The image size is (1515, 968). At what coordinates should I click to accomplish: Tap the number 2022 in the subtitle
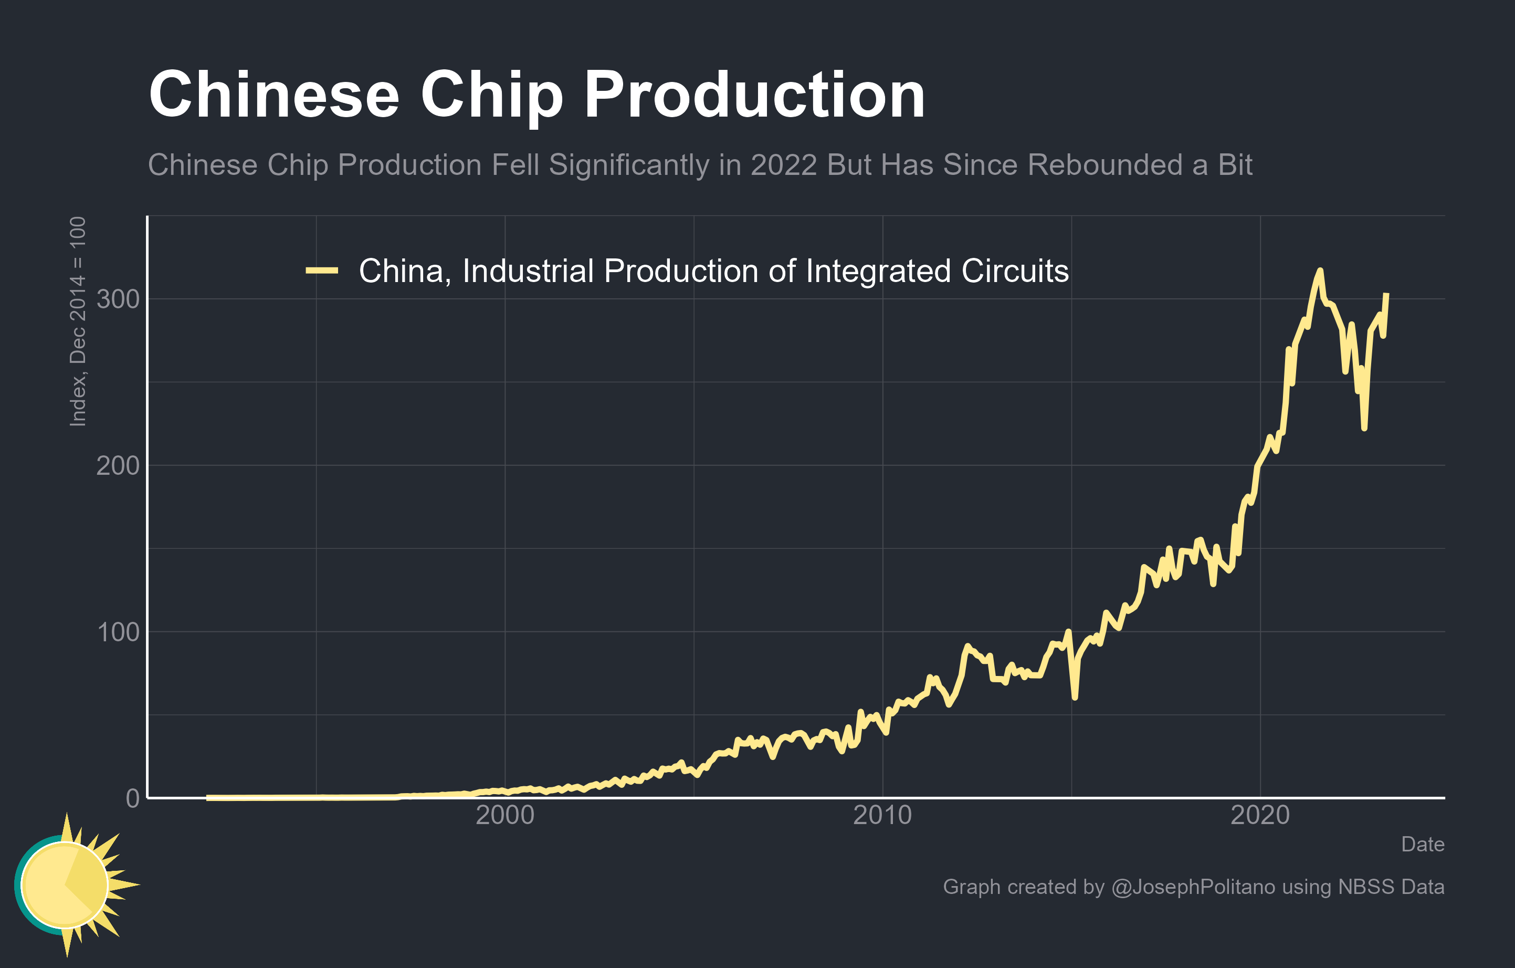pos(785,165)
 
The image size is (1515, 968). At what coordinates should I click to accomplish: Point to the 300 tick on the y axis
pos(118,299)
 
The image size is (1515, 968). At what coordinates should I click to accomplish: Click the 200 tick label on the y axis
pos(118,466)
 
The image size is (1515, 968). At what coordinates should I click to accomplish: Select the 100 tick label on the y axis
pos(118,632)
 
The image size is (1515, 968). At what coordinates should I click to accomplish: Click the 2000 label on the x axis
pos(504,816)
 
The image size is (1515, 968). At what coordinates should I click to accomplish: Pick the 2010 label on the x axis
pos(882,816)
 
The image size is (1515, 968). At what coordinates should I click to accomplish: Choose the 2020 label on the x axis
pos(1259,816)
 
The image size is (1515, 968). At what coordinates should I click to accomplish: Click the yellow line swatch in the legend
pos(322,270)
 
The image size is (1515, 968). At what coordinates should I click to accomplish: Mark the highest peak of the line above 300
pos(1320,270)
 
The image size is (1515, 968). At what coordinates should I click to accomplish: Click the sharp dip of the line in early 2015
pos(1075,698)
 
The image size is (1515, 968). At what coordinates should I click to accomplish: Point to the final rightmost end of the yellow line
pos(1387,294)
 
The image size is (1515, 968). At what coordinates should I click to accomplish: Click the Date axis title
pos(1423,845)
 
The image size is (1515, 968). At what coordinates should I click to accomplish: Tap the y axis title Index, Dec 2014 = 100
pos(78,321)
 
